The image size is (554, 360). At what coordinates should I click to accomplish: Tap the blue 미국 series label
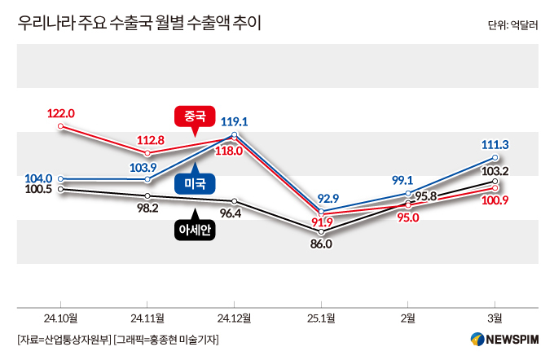pyautogui.click(x=195, y=183)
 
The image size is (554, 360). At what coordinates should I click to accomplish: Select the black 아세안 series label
pyautogui.click(x=195, y=230)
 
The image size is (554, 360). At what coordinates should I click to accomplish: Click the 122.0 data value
pyautogui.click(x=61, y=113)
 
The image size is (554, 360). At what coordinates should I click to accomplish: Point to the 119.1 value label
pyautogui.click(x=234, y=121)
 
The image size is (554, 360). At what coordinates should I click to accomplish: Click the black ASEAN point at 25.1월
pyautogui.click(x=322, y=230)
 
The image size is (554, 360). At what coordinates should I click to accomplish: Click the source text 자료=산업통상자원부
pyautogui.click(x=64, y=339)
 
